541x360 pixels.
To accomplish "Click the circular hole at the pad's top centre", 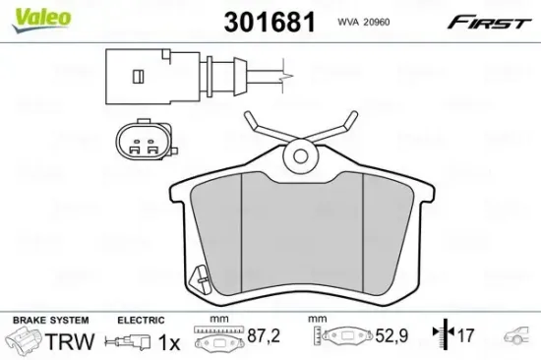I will point(298,154).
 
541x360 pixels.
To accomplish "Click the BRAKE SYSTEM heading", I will point(48,321).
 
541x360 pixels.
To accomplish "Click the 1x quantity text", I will point(170,340).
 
